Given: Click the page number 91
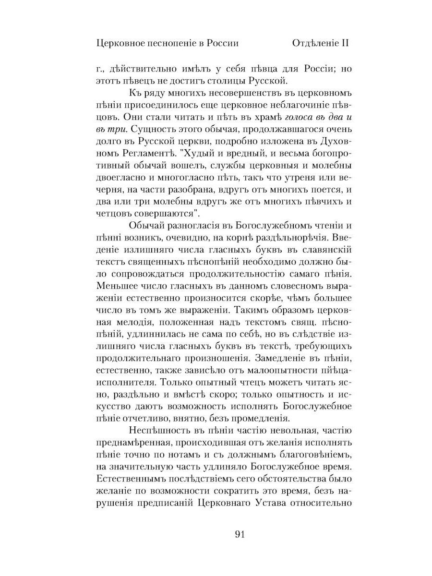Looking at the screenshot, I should (241, 534).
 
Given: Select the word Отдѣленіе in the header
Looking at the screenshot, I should (314, 43).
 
